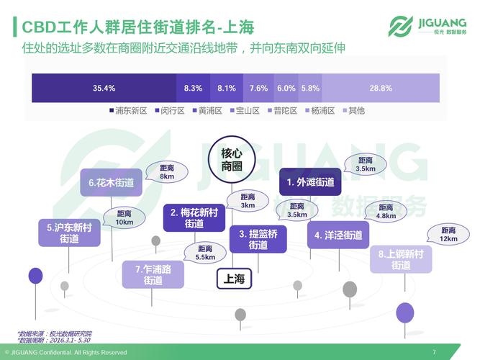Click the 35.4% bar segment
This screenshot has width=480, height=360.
tap(104, 88)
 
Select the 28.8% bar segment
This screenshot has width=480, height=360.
tap(381, 88)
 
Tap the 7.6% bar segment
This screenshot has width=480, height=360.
tap(259, 88)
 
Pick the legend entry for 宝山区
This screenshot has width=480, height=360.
tap(245, 111)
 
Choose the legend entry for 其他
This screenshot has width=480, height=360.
tap(353, 111)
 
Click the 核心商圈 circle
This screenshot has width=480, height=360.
tap(232, 161)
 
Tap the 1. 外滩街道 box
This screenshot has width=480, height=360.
tap(311, 183)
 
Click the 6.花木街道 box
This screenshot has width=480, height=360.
tap(111, 183)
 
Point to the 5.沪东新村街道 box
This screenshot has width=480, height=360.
tap(69, 233)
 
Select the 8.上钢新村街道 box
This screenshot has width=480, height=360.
tap(401, 260)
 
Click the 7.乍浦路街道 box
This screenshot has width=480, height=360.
tap(153, 274)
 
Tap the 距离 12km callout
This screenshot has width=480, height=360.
tap(448, 234)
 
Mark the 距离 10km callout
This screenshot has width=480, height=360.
tap(124, 217)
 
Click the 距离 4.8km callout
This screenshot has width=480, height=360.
tap(386, 211)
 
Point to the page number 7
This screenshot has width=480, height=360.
tap(434, 351)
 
